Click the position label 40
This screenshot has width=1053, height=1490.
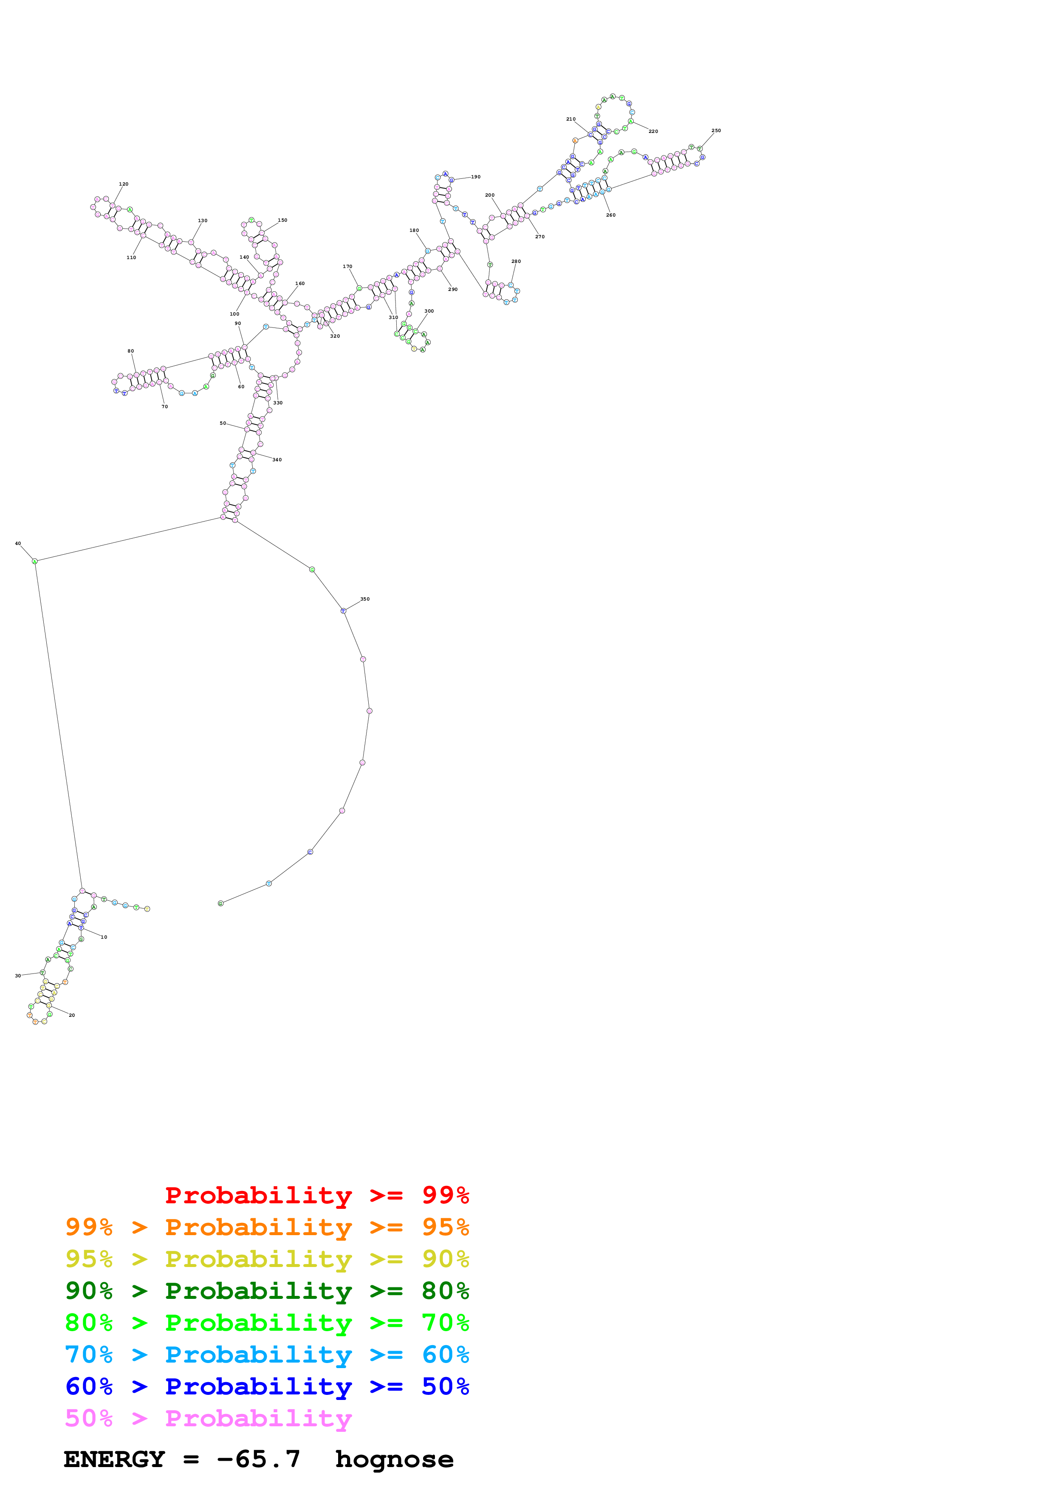point(18,543)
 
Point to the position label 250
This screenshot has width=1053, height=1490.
point(716,130)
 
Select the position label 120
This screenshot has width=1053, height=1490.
point(123,183)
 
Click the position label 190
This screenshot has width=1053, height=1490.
point(476,177)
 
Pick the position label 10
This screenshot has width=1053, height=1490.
point(104,937)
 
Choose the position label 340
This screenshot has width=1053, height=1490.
point(277,460)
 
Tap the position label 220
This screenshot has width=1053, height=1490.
point(653,131)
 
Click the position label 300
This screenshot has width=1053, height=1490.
point(429,311)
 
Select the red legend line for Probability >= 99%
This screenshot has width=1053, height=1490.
point(316,1195)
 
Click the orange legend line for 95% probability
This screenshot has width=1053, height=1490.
point(267,1227)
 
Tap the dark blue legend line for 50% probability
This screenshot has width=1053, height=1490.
point(267,1386)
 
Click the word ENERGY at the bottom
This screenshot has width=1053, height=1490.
point(114,1459)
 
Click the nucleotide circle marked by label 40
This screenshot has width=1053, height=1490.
point(35,562)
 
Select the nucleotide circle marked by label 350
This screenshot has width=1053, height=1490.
point(343,611)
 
